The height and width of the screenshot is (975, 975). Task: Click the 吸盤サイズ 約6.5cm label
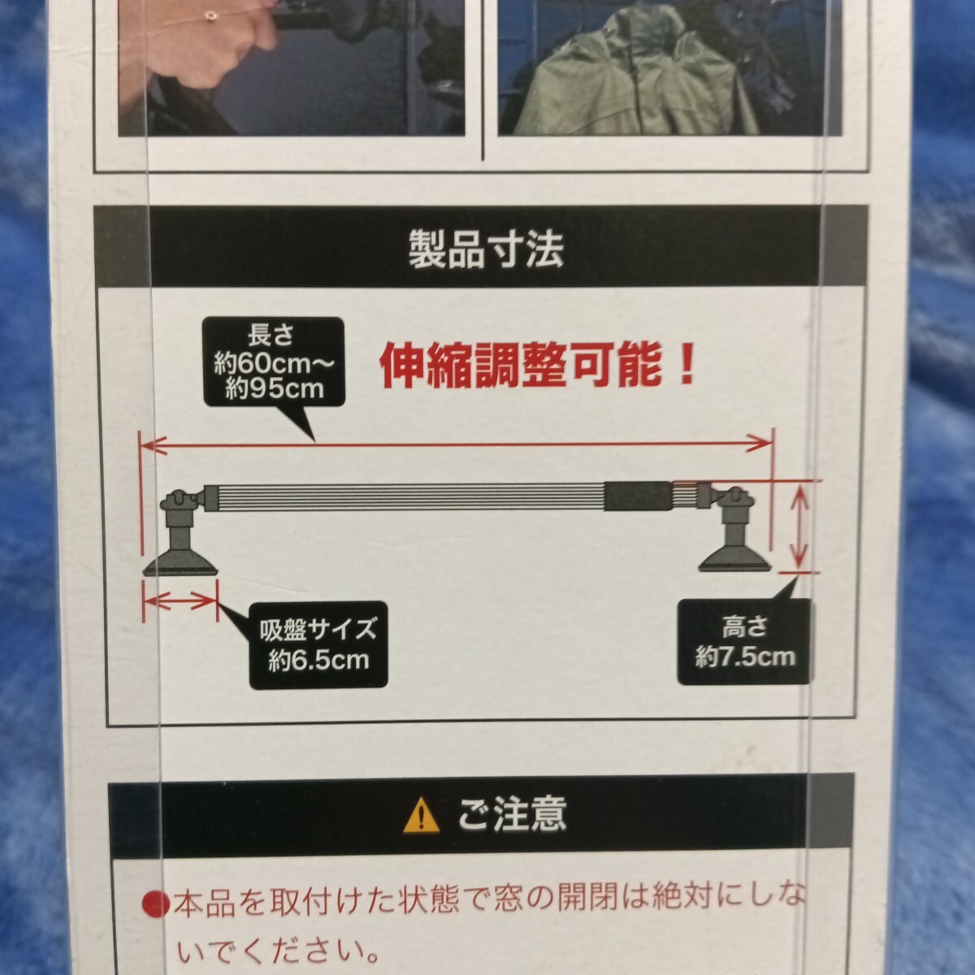(x=318, y=643)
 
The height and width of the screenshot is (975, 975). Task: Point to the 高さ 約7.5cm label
(x=744, y=641)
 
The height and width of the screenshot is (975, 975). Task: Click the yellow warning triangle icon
(x=421, y=815)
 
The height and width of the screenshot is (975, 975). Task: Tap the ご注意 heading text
(x=512, y=813)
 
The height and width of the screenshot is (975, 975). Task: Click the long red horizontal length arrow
(x=455, y=443)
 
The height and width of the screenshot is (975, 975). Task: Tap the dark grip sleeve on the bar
(x=638, y=496)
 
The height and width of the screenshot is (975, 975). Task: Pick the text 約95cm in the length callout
(x=275, y=388)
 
